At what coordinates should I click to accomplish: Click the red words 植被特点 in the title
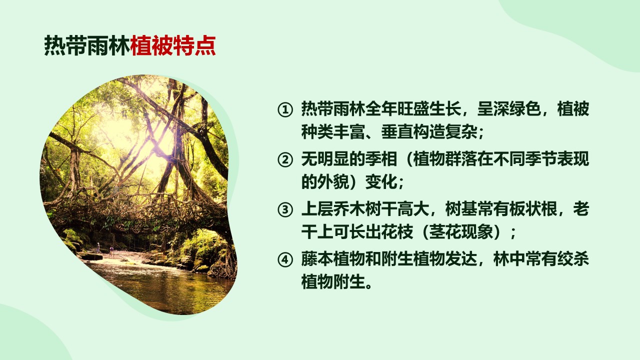(173, 45)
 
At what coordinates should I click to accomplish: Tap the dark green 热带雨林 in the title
(87, 45)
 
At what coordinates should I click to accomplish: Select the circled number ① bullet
(285, 109)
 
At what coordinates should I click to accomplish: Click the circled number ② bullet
(285, 159)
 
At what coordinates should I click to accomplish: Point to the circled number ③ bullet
(285, 209)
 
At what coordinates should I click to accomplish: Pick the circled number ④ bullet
(285, 259)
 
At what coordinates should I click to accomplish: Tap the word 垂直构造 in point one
(413, 131)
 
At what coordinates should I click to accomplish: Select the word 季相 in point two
(381, 159)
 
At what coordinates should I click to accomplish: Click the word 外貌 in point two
(333, 181)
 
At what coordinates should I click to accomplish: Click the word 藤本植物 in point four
(333, 259)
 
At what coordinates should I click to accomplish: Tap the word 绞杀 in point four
(573, 259)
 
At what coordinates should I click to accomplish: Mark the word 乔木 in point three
(349, 209)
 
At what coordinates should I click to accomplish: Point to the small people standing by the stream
(104, 248)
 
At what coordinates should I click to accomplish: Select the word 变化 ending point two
(381, 181)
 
